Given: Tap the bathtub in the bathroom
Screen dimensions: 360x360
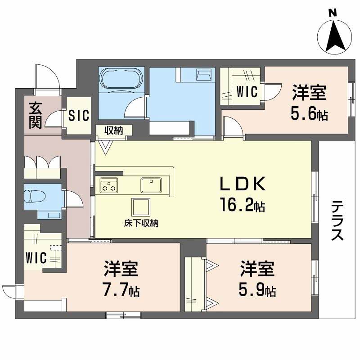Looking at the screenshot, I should [x=121, y=78].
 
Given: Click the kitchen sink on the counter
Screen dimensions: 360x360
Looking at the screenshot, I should [x=151, y=184].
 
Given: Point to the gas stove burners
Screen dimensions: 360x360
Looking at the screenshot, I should [x=109, y=184].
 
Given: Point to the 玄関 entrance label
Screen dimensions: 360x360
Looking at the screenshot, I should [x=36, y=116].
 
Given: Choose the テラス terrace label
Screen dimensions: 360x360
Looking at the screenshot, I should [x=338, y=220].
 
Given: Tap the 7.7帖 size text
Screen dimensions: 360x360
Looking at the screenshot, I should [x=121, y=289].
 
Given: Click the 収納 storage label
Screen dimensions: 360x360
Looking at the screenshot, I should [x=114, y=130].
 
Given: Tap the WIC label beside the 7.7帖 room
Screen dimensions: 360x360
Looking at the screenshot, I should [x=36, y=258].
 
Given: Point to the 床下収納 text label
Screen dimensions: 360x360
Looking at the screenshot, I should [x=141, y=222].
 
